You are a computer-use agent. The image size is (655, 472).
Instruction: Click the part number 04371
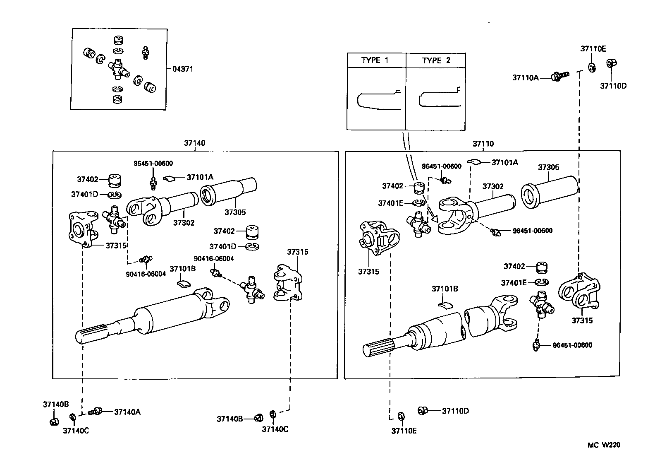coord(183,69)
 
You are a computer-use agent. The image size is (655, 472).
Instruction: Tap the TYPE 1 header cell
coord(375,60)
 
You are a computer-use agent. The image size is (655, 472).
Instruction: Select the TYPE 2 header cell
coord(436,60)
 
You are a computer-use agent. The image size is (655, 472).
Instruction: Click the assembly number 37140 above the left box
coord(194,143)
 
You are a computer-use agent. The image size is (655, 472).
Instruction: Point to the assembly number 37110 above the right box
coord(483,144)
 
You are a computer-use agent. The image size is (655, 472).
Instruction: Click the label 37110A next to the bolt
coord(526,77)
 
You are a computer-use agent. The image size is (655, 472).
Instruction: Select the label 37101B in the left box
coord(182,268)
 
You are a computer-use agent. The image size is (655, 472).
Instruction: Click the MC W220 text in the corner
coord(604,445)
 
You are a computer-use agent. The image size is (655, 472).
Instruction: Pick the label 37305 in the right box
coord(548,167)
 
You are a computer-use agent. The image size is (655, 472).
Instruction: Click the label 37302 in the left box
coord(183,223)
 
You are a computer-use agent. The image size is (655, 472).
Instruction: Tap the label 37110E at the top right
coord(593,48)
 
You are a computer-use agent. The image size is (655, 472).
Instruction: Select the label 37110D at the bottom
coord(455,411)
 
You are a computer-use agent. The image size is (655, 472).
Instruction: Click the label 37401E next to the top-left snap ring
coord(390,203)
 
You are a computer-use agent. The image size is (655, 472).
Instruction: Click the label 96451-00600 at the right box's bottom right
coord(572,345)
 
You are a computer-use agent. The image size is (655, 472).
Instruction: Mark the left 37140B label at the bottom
coord(56,404)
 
